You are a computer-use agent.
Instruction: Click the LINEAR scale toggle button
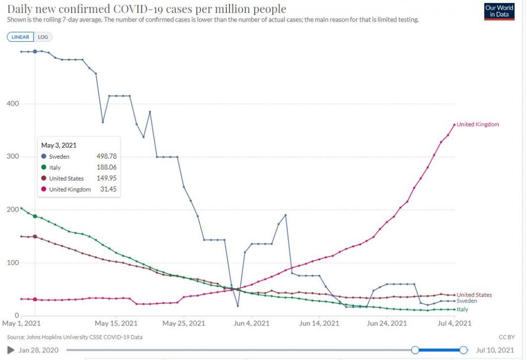click(x=21, y=37)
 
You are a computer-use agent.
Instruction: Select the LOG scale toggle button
click(x=43, y=37)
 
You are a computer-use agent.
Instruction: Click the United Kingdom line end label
click(x=478, y=125)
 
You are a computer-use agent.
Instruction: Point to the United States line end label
click(x=474, y=295)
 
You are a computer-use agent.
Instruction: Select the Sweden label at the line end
click(x=467, y=301)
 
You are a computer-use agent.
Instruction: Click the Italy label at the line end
click(x=463, y=310)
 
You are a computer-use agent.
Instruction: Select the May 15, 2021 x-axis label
click(x=117, y=323)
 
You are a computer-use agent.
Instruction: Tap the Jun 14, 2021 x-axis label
click(x=319, y=323)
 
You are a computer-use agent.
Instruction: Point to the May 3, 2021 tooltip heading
click(x=59, y=146)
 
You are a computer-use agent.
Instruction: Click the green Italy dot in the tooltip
click(x=44, y=167)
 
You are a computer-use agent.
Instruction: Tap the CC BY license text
click(x=507, y=337)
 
